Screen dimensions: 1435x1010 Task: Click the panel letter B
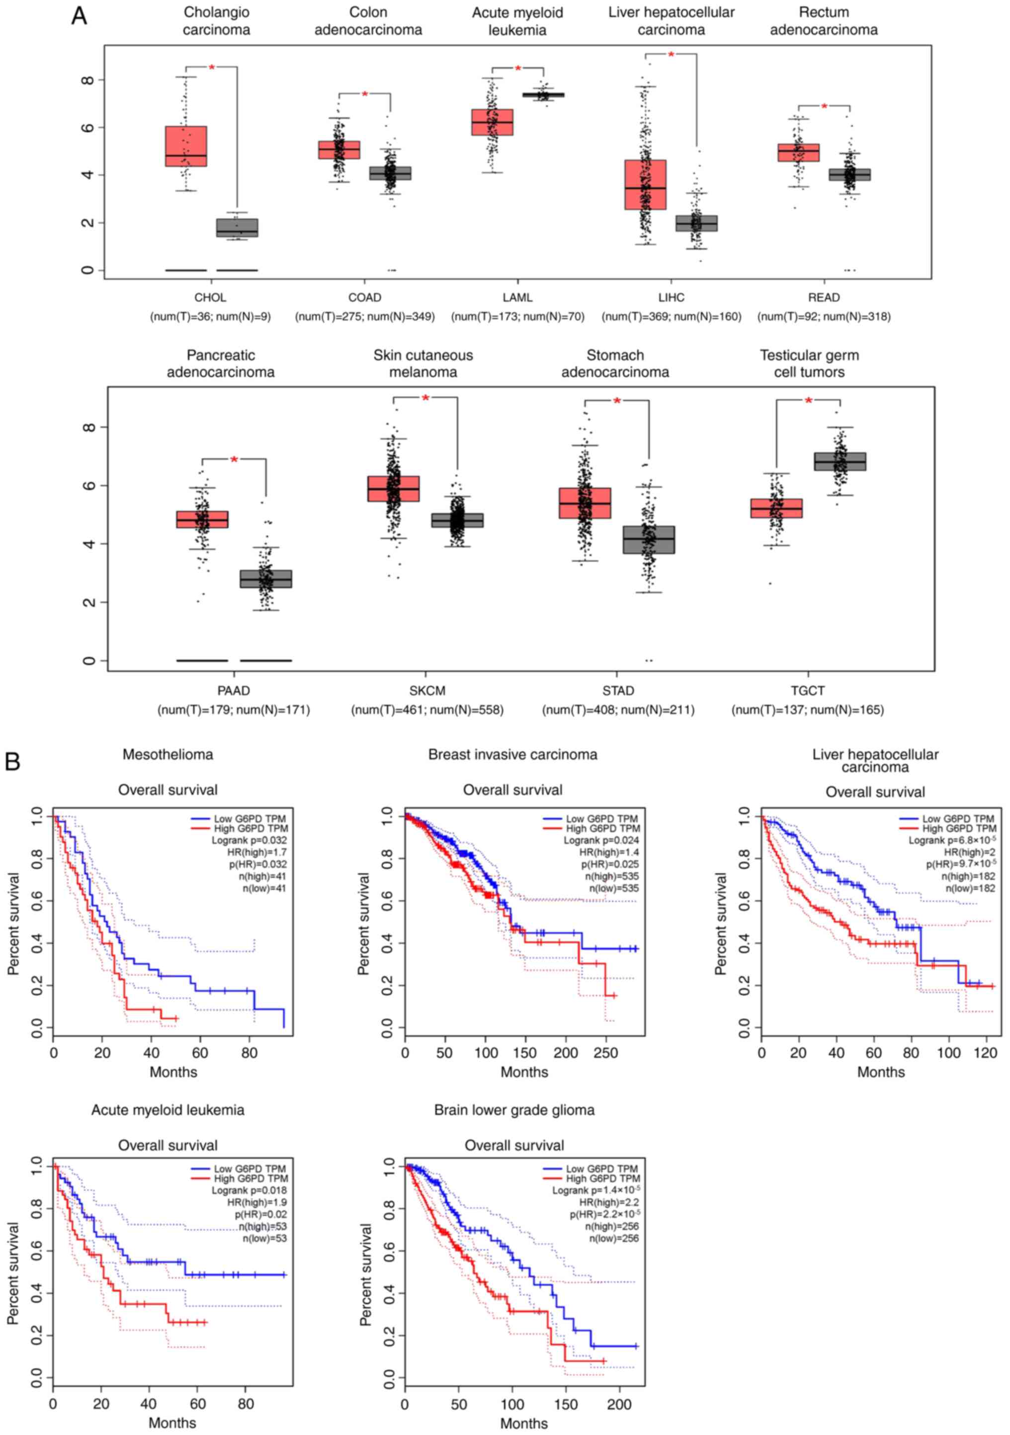click(12, 761)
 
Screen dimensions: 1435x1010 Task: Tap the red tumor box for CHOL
click(185, 146)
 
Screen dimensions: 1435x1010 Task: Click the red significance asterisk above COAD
click(365, 94)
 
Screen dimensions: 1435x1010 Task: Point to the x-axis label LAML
click(517, 298)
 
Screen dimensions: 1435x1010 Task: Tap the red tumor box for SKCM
click(393, 488)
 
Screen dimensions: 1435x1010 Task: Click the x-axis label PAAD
click(233, 690)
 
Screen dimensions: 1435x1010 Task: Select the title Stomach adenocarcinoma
click(615, 364)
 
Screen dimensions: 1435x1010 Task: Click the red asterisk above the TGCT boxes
click(808, 401)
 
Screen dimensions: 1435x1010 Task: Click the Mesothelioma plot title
click(168, 755)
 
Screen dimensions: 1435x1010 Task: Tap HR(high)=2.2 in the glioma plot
click(609, 1202)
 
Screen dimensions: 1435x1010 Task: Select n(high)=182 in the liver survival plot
click(970, 876)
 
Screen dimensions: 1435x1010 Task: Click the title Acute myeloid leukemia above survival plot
click(168, 1110)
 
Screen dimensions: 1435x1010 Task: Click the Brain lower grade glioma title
click(514, 1110)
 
